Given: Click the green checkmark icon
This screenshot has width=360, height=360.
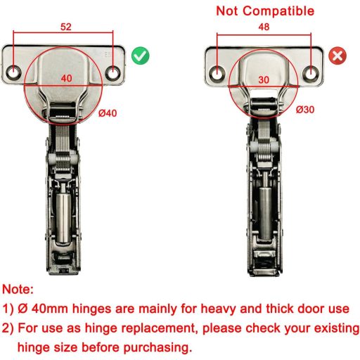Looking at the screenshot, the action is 141,56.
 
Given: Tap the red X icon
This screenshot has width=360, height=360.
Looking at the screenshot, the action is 337,56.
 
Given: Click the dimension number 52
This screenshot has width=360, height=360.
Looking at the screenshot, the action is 66,27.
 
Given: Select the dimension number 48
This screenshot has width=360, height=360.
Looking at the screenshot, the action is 264,27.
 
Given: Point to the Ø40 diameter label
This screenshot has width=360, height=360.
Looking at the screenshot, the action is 108,113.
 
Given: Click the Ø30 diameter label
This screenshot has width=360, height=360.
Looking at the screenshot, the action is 305,110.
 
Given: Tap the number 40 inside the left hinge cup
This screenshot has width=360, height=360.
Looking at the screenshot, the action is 66,78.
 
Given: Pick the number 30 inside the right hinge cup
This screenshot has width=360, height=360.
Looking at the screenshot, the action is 264,80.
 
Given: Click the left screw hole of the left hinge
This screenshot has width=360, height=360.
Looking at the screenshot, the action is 13,72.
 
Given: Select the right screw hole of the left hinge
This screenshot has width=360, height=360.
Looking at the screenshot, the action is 113,72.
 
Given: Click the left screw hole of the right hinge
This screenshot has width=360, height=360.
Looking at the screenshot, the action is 217,73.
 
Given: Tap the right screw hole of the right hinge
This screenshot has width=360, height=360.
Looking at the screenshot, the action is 311,73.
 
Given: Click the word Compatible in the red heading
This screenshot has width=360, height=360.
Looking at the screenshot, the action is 278,11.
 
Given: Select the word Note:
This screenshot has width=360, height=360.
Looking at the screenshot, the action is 18,290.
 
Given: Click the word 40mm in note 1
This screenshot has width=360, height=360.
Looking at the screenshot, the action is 50,309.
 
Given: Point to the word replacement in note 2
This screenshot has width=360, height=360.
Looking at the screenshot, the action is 140,328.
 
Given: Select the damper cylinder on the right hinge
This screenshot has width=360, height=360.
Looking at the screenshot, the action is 265,210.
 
